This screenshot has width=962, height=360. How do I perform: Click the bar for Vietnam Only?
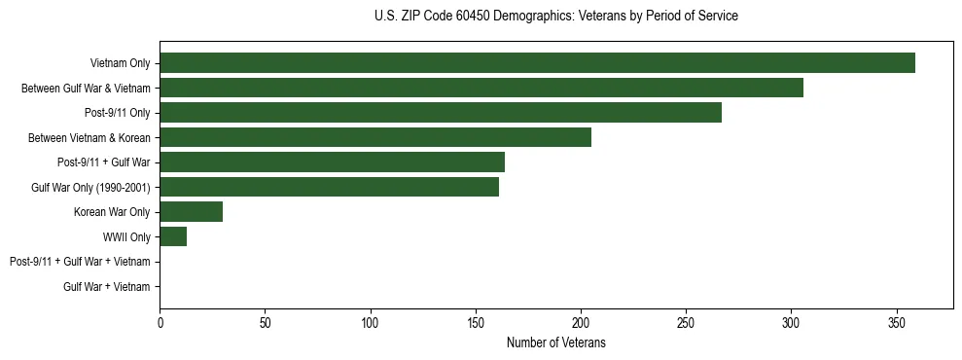pos(537,63)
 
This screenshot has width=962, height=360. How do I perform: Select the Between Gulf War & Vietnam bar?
pos(481,88)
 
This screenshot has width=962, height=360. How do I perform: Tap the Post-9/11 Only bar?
pos(441,113)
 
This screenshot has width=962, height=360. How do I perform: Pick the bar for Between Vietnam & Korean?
pos(375,137)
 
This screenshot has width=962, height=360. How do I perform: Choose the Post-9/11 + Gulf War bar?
pos(332,162)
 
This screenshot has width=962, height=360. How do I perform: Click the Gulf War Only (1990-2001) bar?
pos(329,187)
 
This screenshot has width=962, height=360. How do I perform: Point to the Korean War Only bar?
pos(191,212)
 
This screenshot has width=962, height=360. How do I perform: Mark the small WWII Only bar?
pos(173,236)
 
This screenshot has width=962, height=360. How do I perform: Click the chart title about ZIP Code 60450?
pos(555,17)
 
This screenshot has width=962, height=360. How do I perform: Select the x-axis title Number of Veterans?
pos(555,342)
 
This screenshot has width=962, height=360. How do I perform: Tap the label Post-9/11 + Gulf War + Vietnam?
pos(80,262)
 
